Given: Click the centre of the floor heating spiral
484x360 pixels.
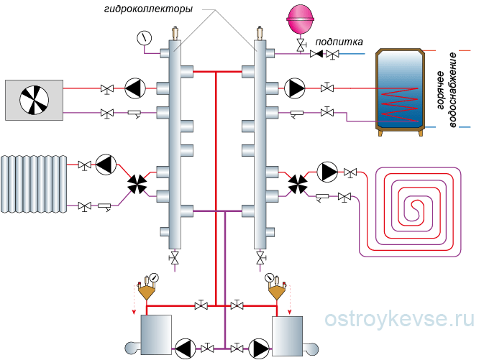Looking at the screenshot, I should pyautogui.click(x=413, y=208).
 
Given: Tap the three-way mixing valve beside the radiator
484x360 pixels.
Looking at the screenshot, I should pyautogui.click(x=135, y=183).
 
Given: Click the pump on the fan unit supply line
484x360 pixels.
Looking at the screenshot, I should pyautogui.click(x=134, y=88).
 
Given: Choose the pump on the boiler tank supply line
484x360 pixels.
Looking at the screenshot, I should pyautogui.click(x=295, y=88).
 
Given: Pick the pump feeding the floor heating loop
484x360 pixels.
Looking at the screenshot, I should pyautogui.click(x=327, y=172).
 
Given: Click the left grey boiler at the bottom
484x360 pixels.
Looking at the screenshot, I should pyautogui.click(x=156, y=334).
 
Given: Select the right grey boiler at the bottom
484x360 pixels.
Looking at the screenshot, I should pyautogui.click(x=286, y=334).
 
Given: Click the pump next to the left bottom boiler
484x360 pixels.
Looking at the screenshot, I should pyautogui.click(x=185, y=348).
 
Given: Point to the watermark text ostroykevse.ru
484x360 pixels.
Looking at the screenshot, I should pyautogui.click(x=399, y=319).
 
